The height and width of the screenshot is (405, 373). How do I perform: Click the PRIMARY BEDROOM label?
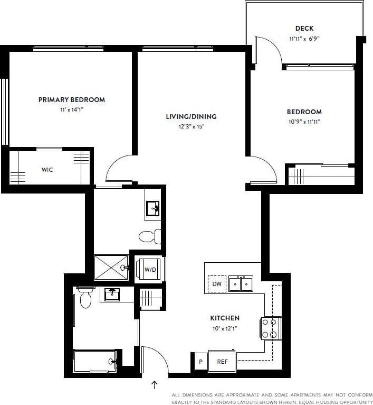click(x=72, y=99)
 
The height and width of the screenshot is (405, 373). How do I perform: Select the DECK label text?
click(x=304, y=29)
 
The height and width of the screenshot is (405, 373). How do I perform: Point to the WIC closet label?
click(x=47, y=170)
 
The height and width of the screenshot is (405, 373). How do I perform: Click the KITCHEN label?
click(x=225, y=318)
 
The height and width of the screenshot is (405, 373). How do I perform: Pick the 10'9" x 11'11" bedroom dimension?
click(x=304, y=122)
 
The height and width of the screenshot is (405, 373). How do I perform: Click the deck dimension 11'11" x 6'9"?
click(x=304, y=39)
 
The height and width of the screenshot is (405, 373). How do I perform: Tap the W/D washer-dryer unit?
click(x=150, y=270)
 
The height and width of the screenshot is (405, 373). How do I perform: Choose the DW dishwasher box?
click(x=216, y=284)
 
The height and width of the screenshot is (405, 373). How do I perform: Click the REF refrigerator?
click(x=222, y=362)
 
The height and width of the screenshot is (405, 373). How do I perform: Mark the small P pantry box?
click(x=200, y=362)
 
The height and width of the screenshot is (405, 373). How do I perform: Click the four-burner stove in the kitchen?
click(x=270, y=328)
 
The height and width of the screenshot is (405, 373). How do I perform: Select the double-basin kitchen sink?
click(x=240, y=284)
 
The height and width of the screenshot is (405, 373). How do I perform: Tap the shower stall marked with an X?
click(x=111, y=268)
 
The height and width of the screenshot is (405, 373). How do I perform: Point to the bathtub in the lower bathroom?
click(x=95, y=361)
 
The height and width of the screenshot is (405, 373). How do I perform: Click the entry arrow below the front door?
click(x=155, y=384)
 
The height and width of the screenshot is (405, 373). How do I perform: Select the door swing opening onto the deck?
click(x=266, y=51)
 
